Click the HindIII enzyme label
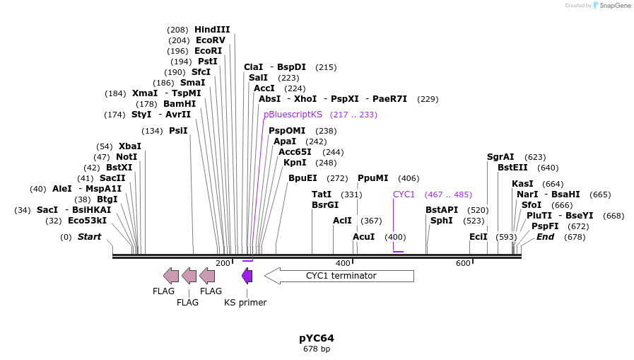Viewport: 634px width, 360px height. (212, 30)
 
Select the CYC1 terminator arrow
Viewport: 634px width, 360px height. (339, 276)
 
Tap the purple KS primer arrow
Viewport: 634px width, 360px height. (247, 276)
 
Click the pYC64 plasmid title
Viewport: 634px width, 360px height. (316, 338)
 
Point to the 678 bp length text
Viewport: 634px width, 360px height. (316, 349)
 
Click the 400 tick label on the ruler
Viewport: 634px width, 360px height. (343, 263)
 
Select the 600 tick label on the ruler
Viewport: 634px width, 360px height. (463, 263)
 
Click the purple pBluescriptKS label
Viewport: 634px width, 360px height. (293, 115)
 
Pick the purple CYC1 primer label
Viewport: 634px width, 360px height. (404, 194)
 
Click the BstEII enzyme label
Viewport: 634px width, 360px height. (512, 168)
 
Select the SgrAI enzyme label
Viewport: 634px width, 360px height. (500, 157)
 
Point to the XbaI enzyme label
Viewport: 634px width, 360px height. (130, 146)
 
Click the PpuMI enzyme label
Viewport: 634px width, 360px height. (373, 178)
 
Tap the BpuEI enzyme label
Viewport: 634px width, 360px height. (303, 178)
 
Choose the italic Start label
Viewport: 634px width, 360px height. (89, 237)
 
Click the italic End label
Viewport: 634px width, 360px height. (545, 237)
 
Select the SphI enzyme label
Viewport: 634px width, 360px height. (442, 221)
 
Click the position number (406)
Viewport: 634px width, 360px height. (409, 178)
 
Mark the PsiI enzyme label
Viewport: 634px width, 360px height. (178, 131)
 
